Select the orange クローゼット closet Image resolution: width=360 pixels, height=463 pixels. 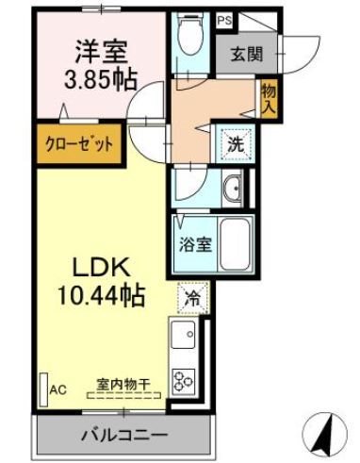point(80,145)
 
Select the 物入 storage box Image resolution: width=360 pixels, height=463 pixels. point(269,96)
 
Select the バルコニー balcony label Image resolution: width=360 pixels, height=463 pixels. point(123,436)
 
